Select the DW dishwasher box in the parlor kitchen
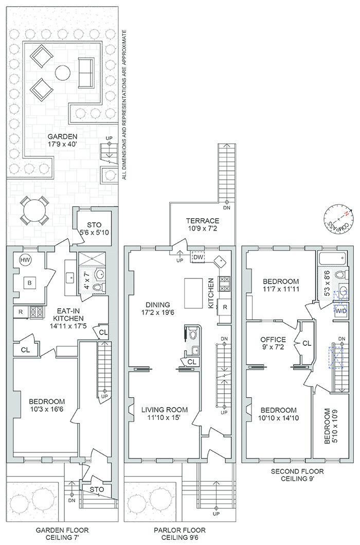199,256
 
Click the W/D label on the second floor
341,311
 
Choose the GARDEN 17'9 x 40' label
62,140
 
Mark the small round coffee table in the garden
62,72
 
